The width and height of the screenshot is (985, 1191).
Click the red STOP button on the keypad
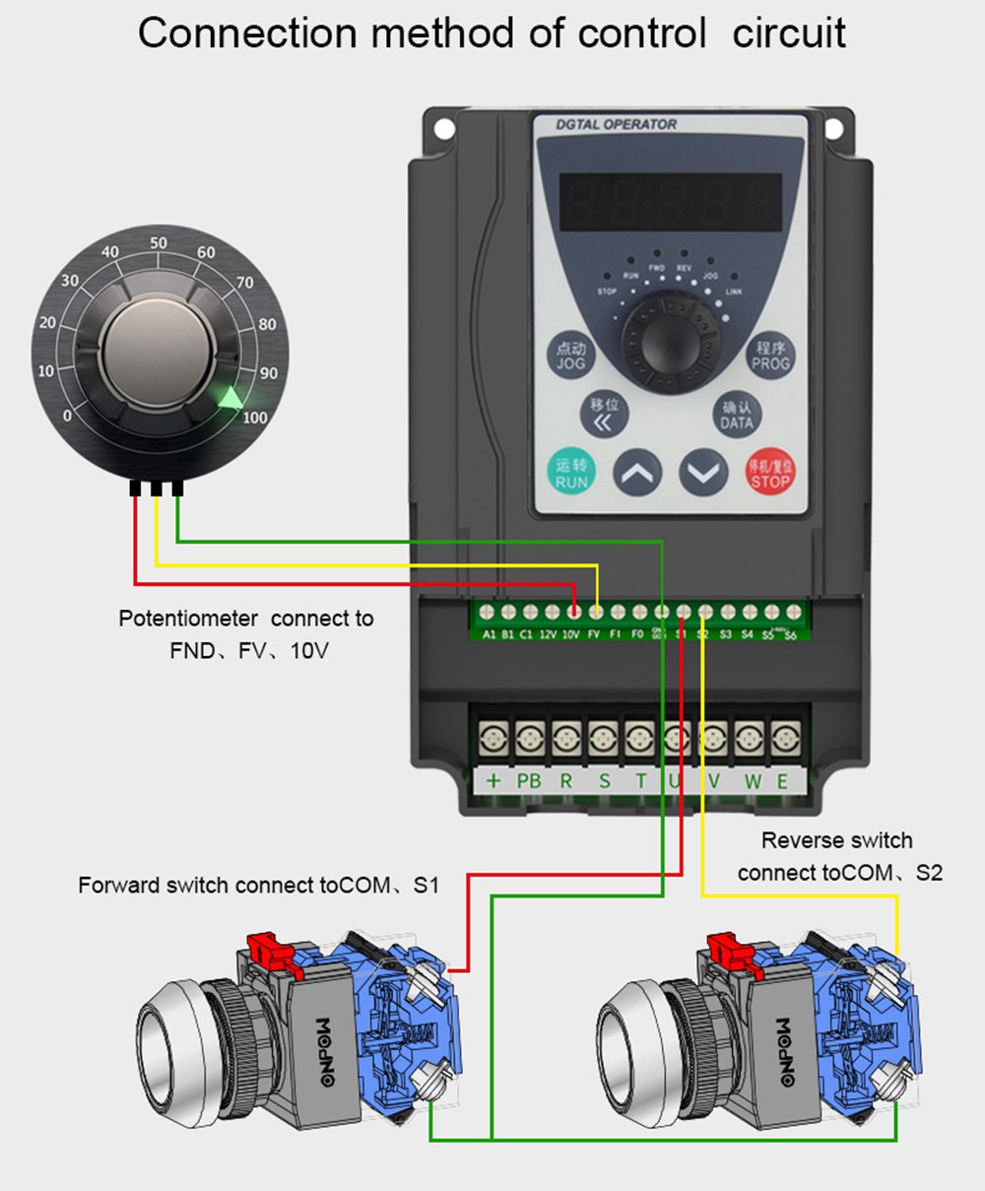point(768,474)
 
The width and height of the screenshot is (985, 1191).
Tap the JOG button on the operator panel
point(570,356)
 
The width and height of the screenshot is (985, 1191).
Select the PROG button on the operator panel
point(770,356)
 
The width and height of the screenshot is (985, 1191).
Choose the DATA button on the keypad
point(736,415)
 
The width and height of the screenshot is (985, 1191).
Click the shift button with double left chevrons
point(604,415)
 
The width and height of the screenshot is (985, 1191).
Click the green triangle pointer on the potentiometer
point(230,397)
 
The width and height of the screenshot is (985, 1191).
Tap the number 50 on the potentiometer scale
point(158,243)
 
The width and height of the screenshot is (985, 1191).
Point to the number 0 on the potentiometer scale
point(67,416)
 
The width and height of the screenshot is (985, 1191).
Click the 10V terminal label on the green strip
point(571,635)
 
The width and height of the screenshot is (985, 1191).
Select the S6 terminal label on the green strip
point(790,635)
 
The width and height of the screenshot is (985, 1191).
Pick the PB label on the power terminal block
point(529,781)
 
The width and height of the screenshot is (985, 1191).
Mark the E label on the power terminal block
point(783,781)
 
